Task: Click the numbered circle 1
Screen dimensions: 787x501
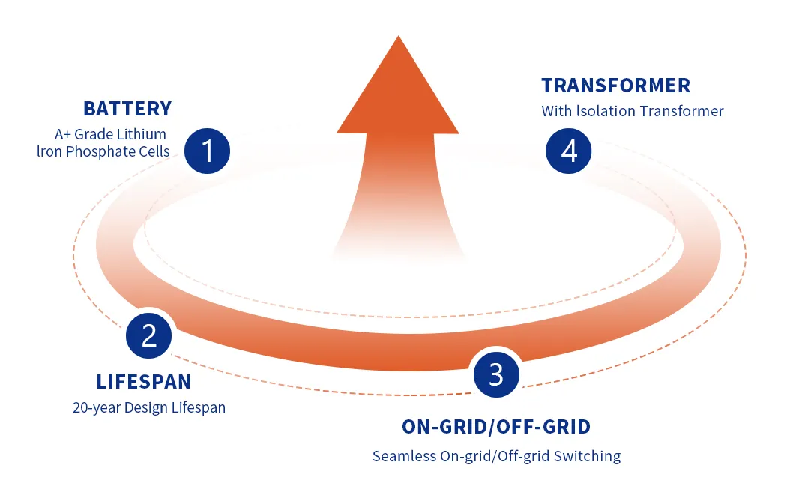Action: click(208, 151)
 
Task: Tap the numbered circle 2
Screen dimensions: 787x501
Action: click(149, 335)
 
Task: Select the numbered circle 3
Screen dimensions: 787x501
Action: click(496, 374)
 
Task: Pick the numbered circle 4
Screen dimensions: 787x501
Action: click(569, 151)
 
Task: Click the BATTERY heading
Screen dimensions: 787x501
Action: click(127, 109)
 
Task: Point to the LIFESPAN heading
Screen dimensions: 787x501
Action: click(144, 382)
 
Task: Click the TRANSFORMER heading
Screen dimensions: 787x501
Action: click(616, 85)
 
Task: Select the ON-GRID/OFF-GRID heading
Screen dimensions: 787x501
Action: click(496, 427)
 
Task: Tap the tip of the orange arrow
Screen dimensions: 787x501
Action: click(399, 36)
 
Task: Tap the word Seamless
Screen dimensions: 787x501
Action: click(404, 456)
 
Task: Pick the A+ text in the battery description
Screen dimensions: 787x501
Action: click(63, 134)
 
